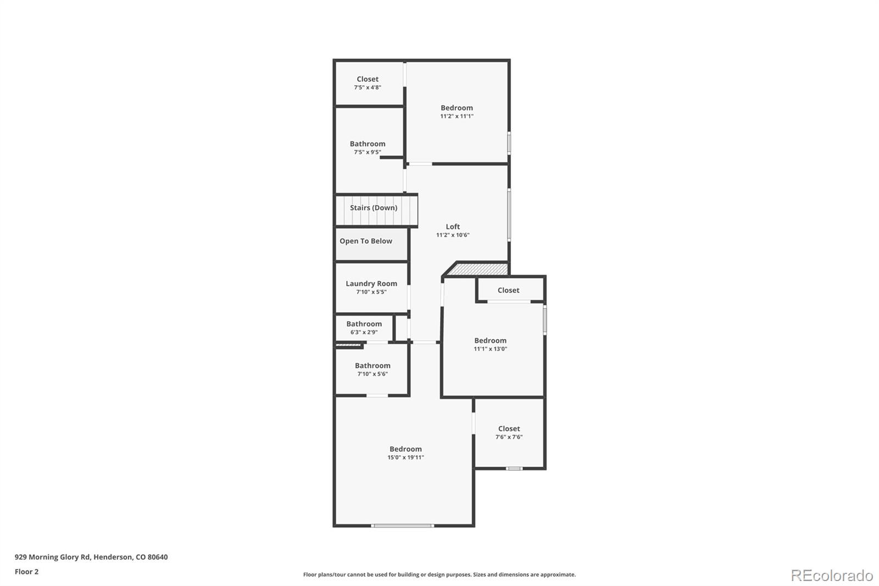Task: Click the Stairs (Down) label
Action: tap(374, 208)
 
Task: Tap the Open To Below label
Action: tap(366, 241)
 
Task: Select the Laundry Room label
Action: tap(371, 284)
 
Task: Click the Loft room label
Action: tap(453, 226)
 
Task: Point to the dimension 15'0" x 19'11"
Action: tap(405, 457)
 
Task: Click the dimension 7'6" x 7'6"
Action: tap(509, 437)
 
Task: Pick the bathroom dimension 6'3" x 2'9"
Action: tap(364, 332)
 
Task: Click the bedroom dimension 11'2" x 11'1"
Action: tap(457, 116)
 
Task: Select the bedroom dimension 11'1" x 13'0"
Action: tap(490, 349)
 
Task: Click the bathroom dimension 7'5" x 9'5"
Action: tap(368, 152)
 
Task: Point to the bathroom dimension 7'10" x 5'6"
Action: tap(372, 374)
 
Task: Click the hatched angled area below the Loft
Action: tap(477, 269)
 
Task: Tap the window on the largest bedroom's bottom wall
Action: tap(403, 526)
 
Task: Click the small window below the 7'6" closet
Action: tap(514, 468)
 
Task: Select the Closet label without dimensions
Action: tap(508, 290)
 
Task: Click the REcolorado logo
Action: tap(832, 575)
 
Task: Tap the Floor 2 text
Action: tap(26, 572)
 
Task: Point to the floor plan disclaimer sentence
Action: tap(439, 574)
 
